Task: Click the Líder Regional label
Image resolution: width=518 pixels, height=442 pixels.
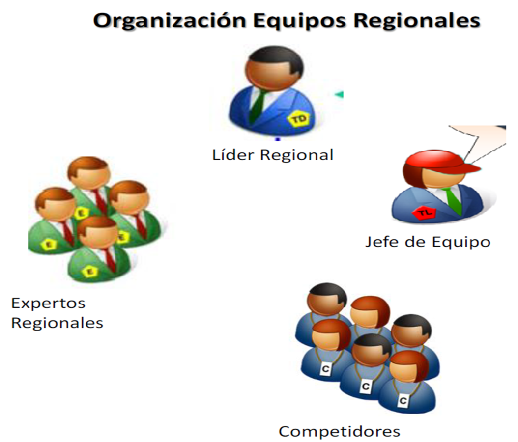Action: pos(273,155)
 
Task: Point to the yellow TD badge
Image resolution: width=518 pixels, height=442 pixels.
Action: pos(299,119)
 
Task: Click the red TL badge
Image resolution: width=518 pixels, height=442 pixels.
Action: pos(423,214)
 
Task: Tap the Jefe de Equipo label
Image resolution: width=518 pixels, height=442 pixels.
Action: pos(428,242)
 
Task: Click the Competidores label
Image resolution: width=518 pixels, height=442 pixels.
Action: pos(339,432)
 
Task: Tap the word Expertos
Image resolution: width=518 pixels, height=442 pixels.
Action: pos(48,303)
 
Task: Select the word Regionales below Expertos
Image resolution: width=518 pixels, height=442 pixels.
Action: pos(57,323)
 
